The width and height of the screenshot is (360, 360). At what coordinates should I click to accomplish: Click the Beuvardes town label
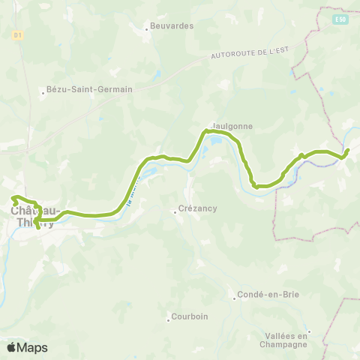(x=172, y=25)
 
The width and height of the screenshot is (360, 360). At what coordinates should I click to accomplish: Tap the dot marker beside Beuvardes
(x=146, y=29)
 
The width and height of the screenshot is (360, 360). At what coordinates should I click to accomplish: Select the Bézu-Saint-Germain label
(x=89, y=88)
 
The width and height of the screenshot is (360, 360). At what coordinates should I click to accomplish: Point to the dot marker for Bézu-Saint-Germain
(x=42, y=92)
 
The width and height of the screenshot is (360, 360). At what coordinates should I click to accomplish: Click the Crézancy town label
(x=198, y=211)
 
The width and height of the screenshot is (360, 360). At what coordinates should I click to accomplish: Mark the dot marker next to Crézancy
(x=174, y=211)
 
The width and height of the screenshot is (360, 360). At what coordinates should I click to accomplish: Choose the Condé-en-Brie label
(x=268, y=294)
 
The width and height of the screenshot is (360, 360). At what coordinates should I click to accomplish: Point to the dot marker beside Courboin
(x=168, y=320)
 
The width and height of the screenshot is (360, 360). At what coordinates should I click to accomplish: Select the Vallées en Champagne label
(x=287, y=340)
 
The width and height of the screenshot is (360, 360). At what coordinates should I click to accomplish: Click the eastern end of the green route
(x=348, y=150)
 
